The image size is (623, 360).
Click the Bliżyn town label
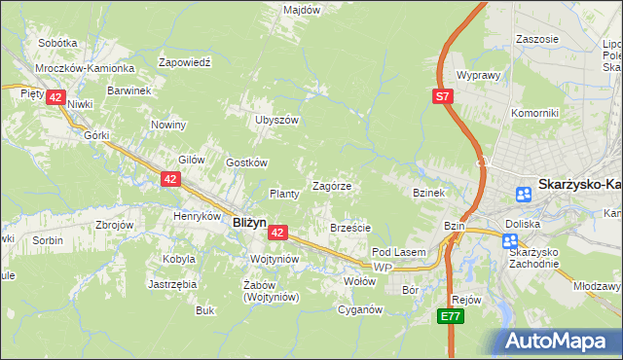pyautogui.click(x=250, y=222)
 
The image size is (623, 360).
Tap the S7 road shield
pyautogui.click(x=443, y=96)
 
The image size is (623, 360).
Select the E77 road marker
pyautogui.click(x=449, y=316)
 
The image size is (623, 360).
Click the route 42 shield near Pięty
pyautogui.click(x=55, y=97)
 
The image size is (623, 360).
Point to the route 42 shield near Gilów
pyautogui.click(x=170, y=179)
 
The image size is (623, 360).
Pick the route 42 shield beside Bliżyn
pyautogui.click(x=277, y=233)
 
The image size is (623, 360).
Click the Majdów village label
pyautogui.click(x=302, y=10)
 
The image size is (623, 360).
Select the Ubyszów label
pyautogui.click(x=275, y=120)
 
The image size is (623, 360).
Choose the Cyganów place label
pyautogui.click(x=358, y=310)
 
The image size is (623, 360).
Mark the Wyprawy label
pyautogui.click(x=478, y=75)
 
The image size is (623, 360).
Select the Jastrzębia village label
pyautogui.click(x=172, y=284)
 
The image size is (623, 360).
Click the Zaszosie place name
pyautogui.click(x=538, y=39)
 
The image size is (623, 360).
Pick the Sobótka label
pyautogui.click(x=57, y=43)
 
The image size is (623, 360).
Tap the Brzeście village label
pyautogui.click(x=350, y=228)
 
